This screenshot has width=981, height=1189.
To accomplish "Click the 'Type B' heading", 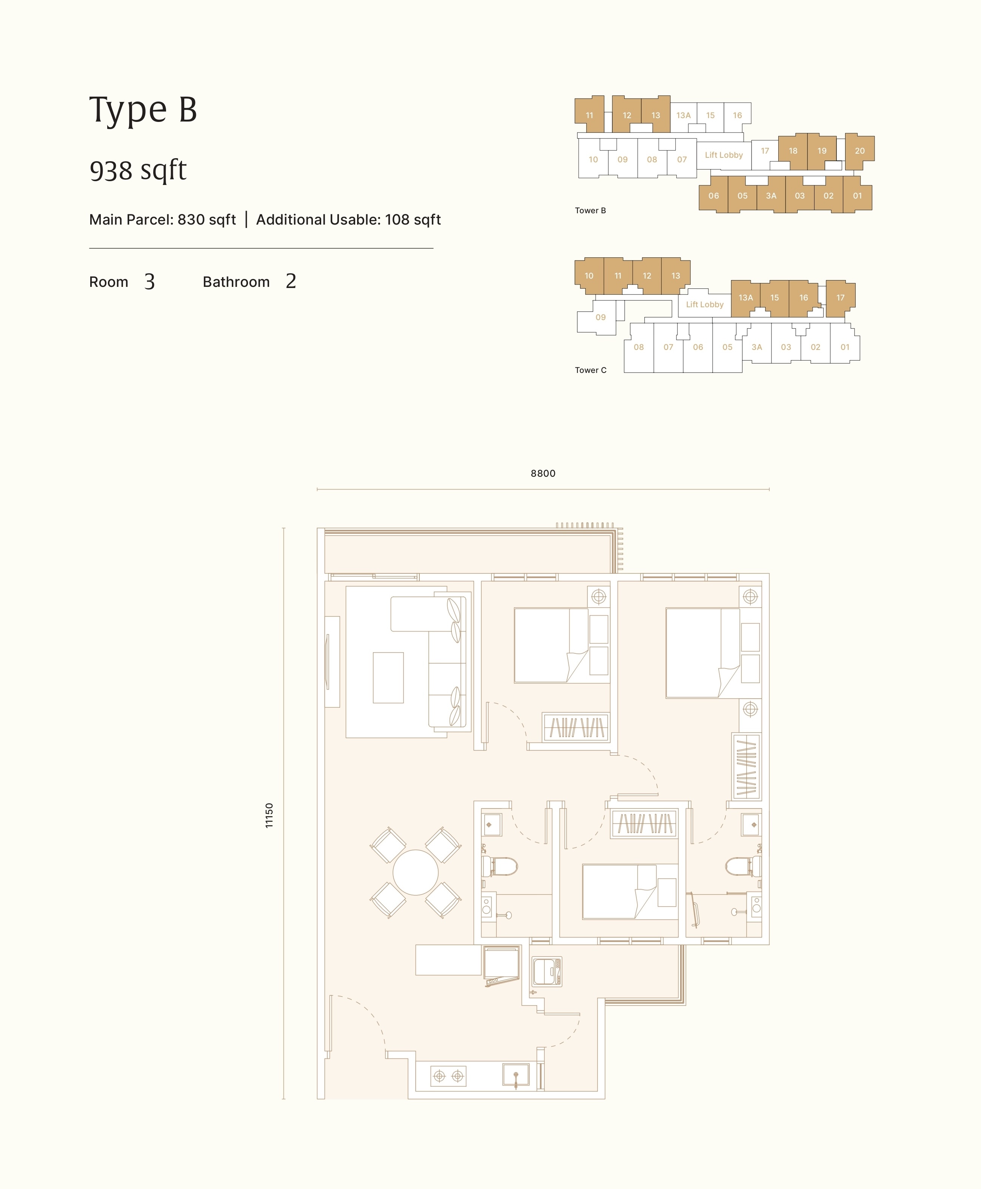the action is [143, 109].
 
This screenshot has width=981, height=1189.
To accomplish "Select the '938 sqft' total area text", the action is [138, 170].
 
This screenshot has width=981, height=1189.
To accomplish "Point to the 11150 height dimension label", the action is [269, 815].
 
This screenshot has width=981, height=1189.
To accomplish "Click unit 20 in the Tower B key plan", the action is [859, 151].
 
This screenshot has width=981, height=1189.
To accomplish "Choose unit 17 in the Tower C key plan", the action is [840, 298].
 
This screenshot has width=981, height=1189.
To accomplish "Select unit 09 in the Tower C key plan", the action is [600, 317].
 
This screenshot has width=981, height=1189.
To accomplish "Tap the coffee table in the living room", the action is [388, 678].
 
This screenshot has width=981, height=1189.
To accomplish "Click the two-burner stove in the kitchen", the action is [448, 1076].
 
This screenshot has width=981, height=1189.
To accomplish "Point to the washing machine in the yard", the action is [547, 972].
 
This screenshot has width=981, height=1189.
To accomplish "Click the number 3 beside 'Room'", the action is [149, 282].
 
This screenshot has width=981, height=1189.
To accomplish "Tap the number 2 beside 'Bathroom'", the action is [291, 281].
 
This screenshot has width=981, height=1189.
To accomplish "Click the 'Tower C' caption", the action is [590, 370].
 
